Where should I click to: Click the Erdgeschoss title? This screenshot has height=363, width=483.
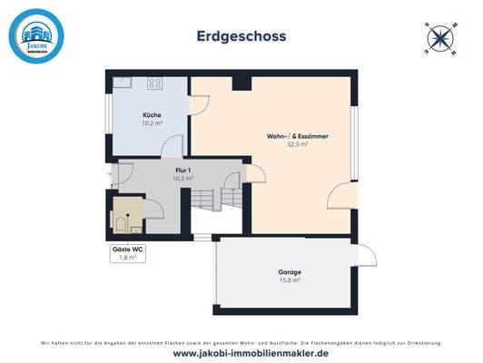click(x=241, y=36)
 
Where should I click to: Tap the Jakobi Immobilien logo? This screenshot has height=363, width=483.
click(x=37, y=36)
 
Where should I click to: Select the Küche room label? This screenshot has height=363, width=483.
click(x=152, y=115)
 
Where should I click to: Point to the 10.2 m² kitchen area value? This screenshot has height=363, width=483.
click(x=152, y=123)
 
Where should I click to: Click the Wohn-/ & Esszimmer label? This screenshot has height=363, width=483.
click(x=297, y=136)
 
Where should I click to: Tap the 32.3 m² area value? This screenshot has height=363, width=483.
click(x=297, y=144)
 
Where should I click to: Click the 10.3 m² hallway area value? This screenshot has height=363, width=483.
click(x=183, y=178)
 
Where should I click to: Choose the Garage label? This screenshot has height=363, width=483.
click(x=290, y=272)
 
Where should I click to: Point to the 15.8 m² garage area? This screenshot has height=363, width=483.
click(x=290, y=280)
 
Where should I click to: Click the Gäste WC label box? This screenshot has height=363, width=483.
click(x=127, y=253)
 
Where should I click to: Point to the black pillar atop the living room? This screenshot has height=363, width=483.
click(x=241, y=83)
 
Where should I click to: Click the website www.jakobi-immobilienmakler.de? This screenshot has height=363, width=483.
click(x=241, y=353)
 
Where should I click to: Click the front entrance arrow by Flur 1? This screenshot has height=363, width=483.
click(x=108, y=172)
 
